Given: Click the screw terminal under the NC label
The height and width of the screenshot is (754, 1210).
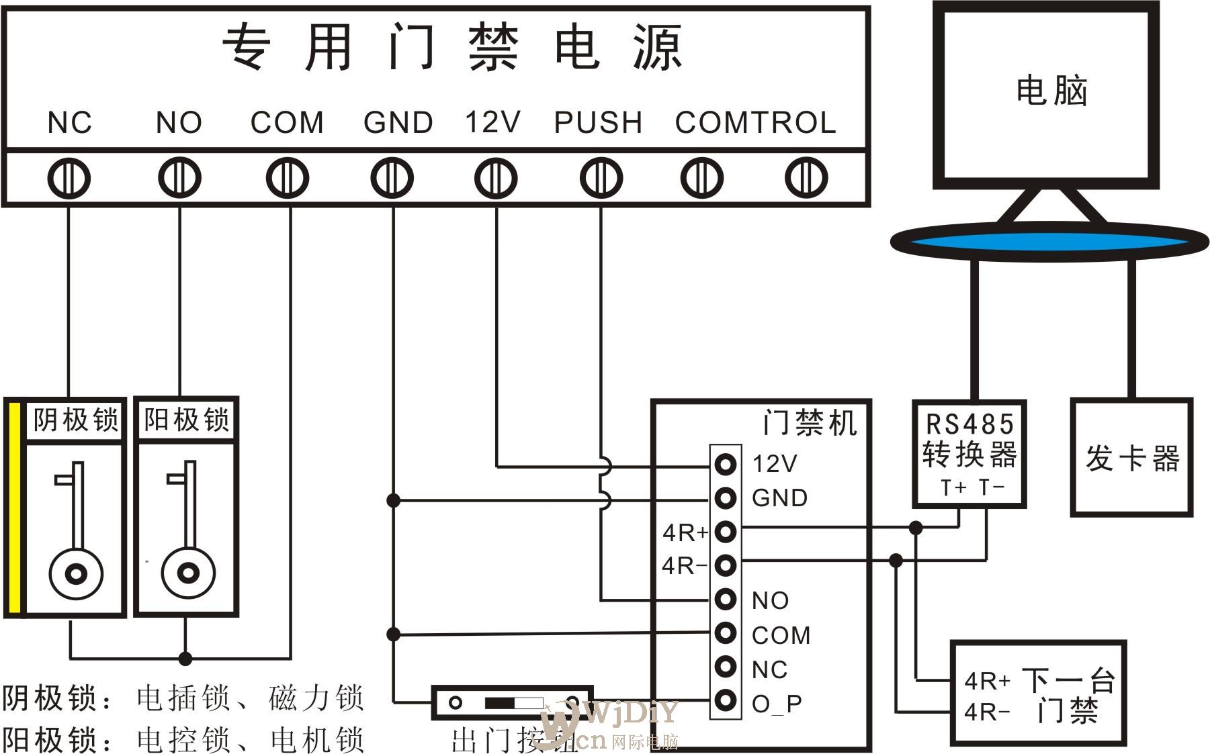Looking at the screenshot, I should tap(69, 179).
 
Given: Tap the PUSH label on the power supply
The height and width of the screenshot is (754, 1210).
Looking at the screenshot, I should tap(598, 122).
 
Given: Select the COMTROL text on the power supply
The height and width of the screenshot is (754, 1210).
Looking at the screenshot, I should tap(755, 122).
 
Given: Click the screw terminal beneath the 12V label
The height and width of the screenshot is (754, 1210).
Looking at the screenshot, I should tap(495, 179).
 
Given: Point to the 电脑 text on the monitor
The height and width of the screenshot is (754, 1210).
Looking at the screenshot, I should tap(1051, 91).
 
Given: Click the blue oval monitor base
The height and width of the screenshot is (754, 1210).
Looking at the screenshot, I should tap(1049, 241).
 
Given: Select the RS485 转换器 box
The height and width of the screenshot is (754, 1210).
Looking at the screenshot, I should tap(969, 454).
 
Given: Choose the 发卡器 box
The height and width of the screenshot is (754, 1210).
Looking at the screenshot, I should tap(1131, 457).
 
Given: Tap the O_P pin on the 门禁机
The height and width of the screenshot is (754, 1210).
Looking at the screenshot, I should tap(726, 700).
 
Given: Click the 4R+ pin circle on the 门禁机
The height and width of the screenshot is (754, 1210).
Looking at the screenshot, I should tap(726, 532).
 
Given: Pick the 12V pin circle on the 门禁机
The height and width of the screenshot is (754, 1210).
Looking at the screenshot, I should tap(726, 464).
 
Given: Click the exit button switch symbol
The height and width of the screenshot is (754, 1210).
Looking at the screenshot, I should tap(512, 703).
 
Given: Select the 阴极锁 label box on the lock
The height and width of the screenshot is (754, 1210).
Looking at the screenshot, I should tap(75, 421).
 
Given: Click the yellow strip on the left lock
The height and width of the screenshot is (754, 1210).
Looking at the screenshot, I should tap(13, 508).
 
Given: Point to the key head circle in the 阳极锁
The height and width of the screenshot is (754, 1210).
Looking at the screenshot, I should tap(188, 573).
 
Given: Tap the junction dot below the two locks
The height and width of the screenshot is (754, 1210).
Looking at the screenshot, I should tap(185, 658).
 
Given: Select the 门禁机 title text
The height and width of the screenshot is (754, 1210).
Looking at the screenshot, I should tap(809, 423).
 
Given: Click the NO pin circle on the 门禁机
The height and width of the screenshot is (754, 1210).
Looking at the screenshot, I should tap(726, 599).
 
